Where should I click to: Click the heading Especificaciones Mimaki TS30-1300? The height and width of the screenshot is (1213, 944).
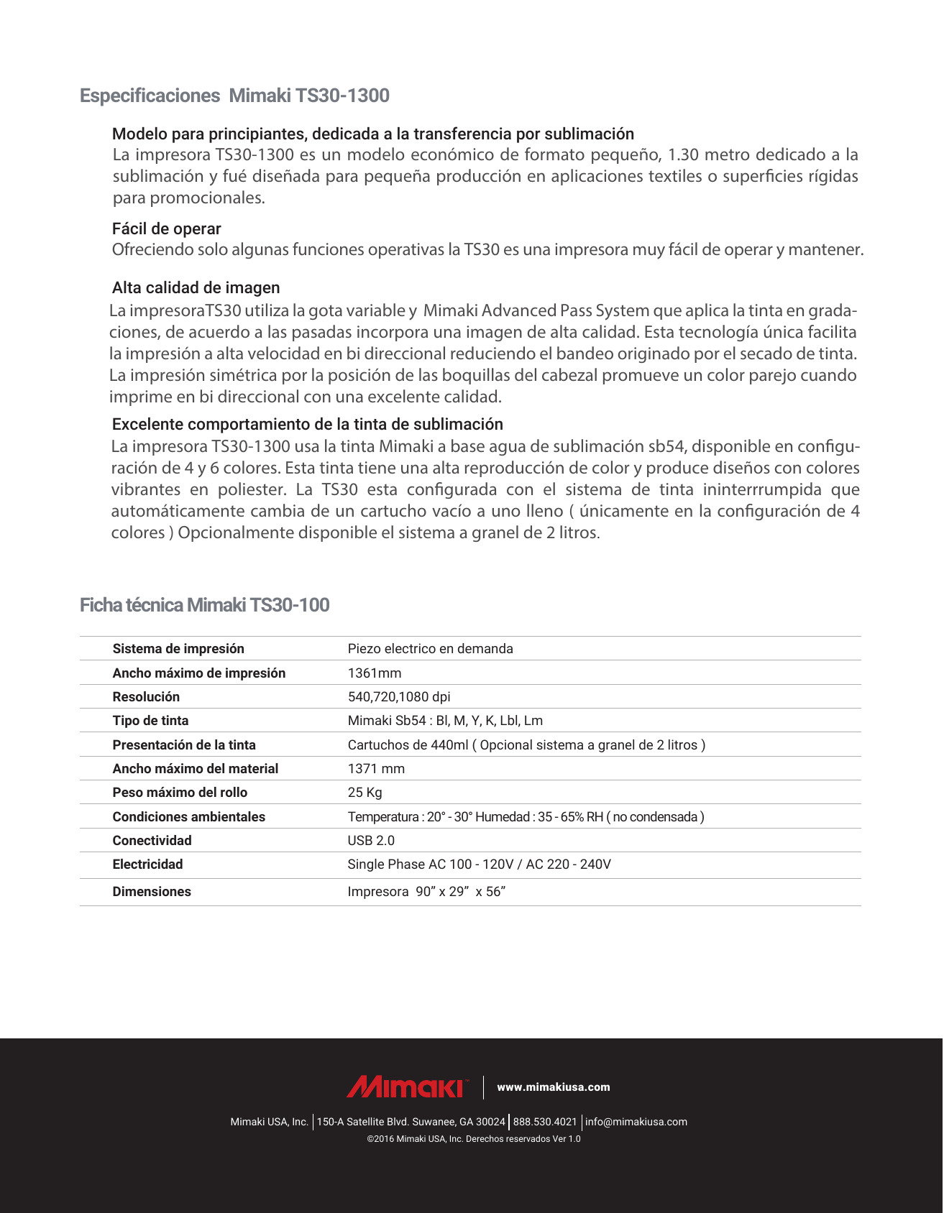coord(234,96)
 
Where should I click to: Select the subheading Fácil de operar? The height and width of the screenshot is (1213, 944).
coord(166,229)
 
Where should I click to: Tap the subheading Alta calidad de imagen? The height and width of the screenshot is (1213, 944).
coord(196,287)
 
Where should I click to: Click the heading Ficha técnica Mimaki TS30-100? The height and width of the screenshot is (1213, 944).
coord(204,605)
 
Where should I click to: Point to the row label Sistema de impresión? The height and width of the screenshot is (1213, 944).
coord(178,649)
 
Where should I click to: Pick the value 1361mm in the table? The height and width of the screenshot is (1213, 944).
coord(375,673)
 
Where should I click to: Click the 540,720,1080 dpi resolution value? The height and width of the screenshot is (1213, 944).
coord(399,697)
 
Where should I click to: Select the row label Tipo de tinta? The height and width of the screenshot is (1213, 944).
coord(150,721)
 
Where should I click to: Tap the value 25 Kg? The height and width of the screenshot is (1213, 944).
coord(365,793)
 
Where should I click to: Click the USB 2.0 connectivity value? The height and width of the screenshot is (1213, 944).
coord(371,841)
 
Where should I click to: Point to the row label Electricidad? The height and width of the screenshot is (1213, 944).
coord(147,864)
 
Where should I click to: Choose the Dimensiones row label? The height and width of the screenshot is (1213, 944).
coord(152,892)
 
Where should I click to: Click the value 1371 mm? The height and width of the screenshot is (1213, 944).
coord(376,769)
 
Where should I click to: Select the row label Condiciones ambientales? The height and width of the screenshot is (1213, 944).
coord(188,817)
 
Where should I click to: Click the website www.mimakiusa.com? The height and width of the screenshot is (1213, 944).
coord(554,1087)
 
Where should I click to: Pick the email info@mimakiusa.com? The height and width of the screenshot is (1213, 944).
coord(636,1122)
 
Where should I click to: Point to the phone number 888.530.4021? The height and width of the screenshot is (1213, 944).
coord(545,1122)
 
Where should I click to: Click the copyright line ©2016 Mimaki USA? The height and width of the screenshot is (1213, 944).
coord(473,1139)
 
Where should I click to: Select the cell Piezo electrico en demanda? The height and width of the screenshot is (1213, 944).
coord(430,649)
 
